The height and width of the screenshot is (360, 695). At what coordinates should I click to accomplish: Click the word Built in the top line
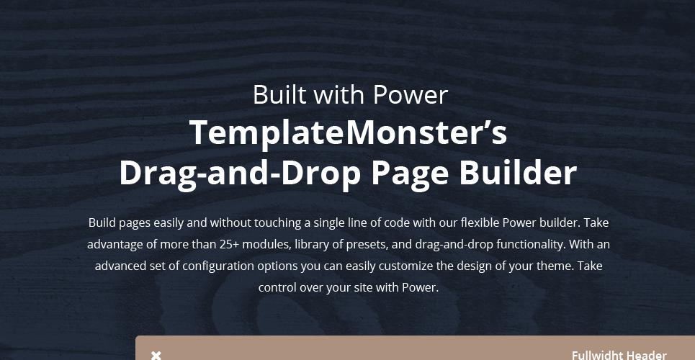[x=279, y=94]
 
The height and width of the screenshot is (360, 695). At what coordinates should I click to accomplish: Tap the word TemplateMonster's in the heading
[x=349, y=132]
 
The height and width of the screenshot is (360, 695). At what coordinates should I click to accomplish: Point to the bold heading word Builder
[x=518, y=173]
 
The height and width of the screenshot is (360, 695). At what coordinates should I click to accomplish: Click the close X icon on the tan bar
[x=156, y=355]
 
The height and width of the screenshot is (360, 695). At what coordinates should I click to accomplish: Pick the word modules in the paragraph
[x=266, y=244]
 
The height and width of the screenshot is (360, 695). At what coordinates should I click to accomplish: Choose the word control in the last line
[x=277, y=288]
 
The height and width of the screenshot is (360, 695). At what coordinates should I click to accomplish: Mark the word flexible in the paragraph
[x=480, y=222]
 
